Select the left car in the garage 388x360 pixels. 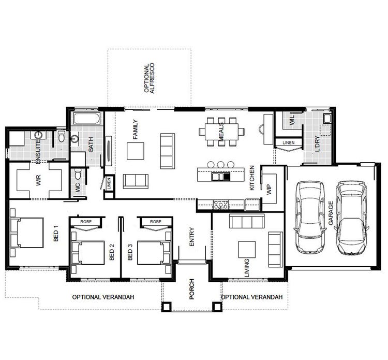(x=309, y=214)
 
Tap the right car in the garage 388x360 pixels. (x=351, y=218)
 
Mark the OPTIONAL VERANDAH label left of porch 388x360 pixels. (x=103, y=297)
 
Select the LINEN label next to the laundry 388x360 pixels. (x=288, y=142)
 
